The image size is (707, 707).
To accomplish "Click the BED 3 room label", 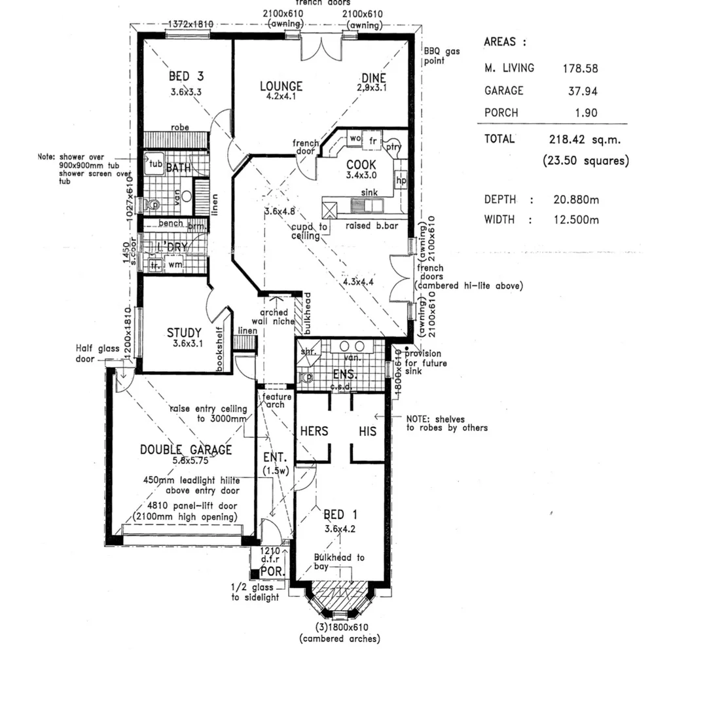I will (x=177, y=77).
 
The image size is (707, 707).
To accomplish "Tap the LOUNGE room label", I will (x=281, y=86).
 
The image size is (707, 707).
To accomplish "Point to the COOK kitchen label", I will (x=361, y=164).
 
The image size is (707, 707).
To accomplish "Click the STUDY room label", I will (x=184, y=333).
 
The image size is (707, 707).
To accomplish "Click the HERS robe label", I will (x=314, y=431).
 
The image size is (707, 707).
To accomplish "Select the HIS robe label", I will (x=367, y=431).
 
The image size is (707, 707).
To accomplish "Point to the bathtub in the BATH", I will (x=154, y=164).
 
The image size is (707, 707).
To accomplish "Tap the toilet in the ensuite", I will (x=305, y=378).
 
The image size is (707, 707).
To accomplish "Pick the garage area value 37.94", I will (x=582, y=92).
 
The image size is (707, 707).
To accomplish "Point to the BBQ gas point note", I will (x=435, y=56).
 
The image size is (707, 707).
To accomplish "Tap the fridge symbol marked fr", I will (x=373, y=140).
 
